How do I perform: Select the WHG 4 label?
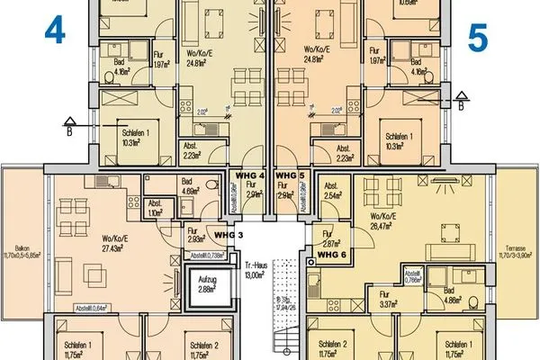(248, 174)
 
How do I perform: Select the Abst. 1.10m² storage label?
(155, 206)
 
